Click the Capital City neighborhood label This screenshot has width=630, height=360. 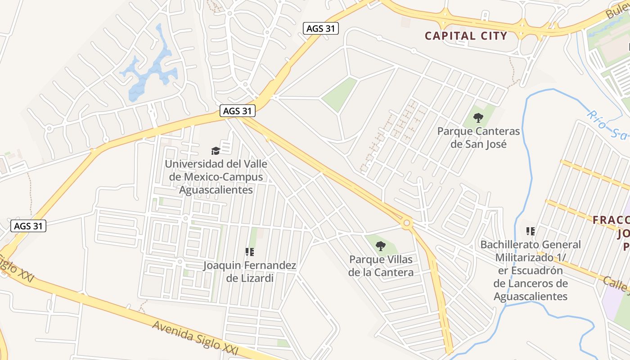(466, 36)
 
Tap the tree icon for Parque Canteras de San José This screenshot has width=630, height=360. (478, 118)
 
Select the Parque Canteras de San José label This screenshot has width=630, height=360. (478, 138)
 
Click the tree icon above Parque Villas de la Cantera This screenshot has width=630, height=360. (381, 246)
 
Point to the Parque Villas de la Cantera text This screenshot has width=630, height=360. (381, 265)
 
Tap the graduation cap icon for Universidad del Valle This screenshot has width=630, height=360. (216, 151)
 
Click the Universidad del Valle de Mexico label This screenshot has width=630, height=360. (216, 177)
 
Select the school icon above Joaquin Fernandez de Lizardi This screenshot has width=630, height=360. (249, 252)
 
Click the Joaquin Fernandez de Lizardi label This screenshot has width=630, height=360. (250, 272)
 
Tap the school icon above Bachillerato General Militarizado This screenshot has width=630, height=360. (531, 231)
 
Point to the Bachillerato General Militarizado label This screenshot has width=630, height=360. (531, 270)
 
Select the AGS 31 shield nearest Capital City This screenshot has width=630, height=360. (320, 28)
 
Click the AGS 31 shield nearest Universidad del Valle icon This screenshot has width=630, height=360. (238, 111)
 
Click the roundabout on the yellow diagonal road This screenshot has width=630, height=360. (407, 222)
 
